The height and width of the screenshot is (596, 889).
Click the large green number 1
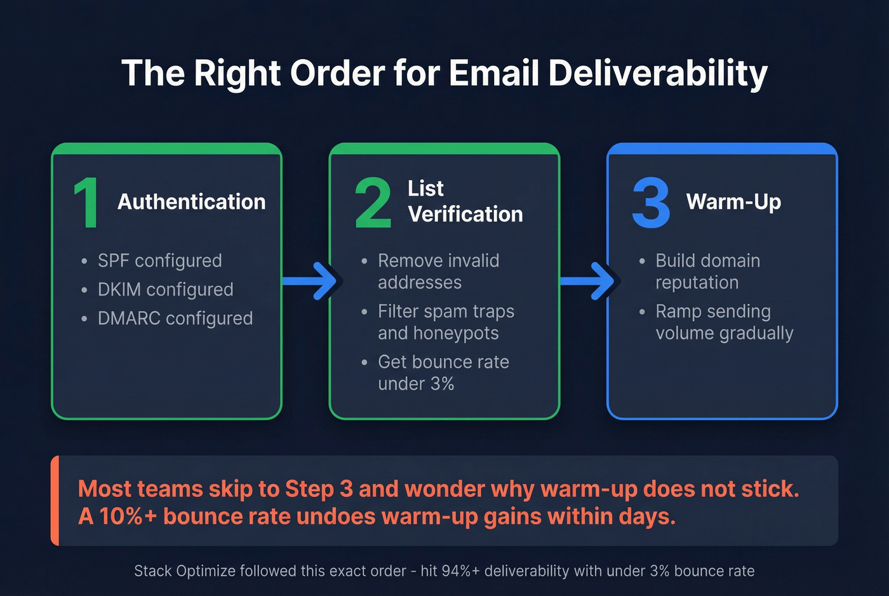pos(86,202)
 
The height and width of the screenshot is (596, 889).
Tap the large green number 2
pos(373,202)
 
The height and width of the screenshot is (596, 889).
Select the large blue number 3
pos(651,202)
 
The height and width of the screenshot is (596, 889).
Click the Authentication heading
pos(192,202)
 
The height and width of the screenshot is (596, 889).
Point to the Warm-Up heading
pos(733,202)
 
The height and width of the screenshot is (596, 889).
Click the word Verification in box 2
pos(465,215)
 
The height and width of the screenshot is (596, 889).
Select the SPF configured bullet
pos(159,260)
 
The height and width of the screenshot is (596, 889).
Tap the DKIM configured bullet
pos(165,289)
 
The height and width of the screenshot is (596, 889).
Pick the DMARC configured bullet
pos(175,318)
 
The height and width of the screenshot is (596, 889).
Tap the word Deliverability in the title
pos(658,73)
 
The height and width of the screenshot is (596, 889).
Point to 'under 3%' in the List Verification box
pos(416,384)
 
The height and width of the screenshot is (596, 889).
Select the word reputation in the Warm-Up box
pos(697,282)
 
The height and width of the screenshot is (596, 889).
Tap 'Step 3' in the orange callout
pos(319,489)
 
